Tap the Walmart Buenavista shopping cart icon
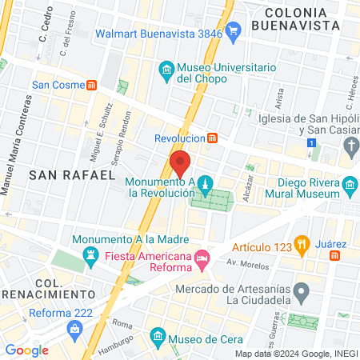click(234, 33)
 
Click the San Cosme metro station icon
click(92, 84)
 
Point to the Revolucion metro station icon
click(212, 138)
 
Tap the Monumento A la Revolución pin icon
click(206, 184)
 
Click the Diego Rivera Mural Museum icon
click(350, 188)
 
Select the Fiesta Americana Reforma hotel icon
click(202, 257)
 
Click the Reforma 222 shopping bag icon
click(74, 328)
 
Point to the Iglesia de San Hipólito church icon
click(350, 145)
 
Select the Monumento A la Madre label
click(130, 239)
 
